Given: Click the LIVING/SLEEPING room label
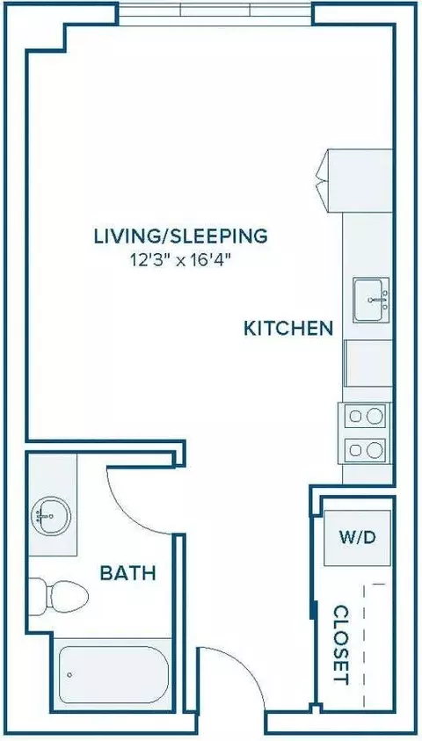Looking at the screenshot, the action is point(181,236).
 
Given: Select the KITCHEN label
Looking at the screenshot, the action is point(288,328).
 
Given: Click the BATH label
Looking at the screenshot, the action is point(128,573).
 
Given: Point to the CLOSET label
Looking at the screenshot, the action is point(341,644).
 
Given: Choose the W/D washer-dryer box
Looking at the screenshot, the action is point(357,537).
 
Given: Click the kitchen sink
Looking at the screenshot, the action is point(371,300).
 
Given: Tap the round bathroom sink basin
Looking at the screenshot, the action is point(51,515).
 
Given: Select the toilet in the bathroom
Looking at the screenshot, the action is point(58,598).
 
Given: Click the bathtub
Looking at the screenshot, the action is point(113,674).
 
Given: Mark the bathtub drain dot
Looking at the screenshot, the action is point(70,674).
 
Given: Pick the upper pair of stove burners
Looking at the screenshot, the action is point(365,416).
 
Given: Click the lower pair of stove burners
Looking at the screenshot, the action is point(365,450).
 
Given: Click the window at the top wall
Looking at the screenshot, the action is point(215,14).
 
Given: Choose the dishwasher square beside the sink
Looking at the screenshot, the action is point(368,363).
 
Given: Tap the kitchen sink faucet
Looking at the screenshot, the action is point(377,300).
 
